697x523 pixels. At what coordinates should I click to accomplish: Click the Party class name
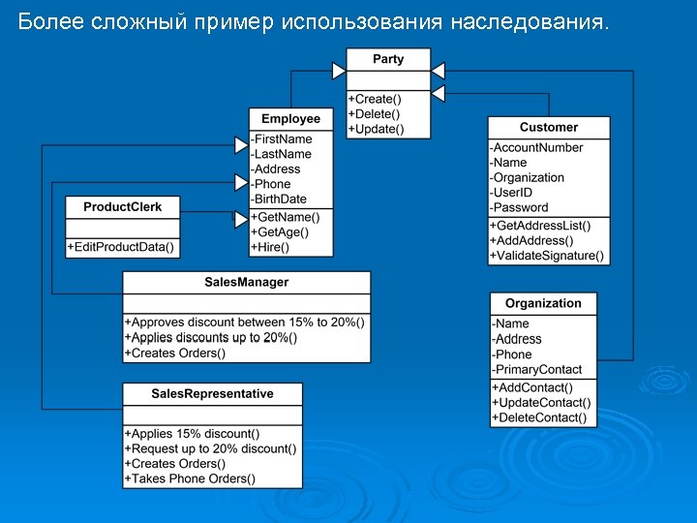[388, 59]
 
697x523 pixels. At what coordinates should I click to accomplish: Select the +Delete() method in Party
[375, 114]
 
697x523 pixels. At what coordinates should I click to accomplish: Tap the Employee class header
[290, 118]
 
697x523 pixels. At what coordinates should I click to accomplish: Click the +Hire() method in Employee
[271, 247]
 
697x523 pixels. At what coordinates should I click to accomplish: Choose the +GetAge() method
[280, 232]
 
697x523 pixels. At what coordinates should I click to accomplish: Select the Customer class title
[548, 127]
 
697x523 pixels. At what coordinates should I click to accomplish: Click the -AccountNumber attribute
[537, 147]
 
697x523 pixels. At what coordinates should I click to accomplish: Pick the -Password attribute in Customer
[520, 207]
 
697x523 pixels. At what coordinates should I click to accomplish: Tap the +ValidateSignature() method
[547, 256]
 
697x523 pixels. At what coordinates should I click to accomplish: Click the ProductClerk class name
[123, 206]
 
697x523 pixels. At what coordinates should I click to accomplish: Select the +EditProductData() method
[122, 247]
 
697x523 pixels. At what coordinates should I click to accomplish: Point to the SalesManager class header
[246, 282]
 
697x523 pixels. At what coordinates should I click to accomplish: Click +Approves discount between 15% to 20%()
[245, 322]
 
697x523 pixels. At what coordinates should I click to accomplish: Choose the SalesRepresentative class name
[212, 393]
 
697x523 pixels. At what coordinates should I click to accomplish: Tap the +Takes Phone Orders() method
[191, 478]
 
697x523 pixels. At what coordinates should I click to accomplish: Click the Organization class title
[543, 303]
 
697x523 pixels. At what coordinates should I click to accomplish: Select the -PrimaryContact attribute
[537, 369]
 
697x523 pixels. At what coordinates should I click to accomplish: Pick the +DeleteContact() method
[539, 417]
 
